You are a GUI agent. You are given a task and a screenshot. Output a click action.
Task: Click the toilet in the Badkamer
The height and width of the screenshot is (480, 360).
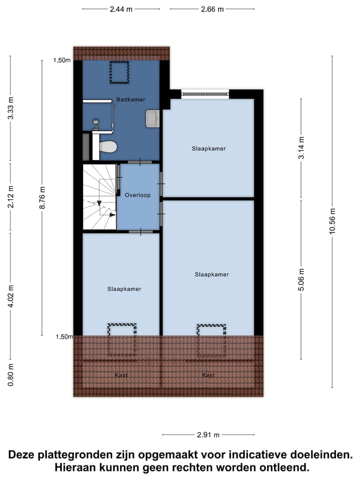pyautogui.click(x=107, y=146)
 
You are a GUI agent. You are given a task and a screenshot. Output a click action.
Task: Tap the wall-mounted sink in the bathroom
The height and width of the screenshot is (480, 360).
pyautogui.click(x=152, y=118)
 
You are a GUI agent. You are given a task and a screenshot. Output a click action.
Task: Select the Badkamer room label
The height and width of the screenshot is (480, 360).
pyautogui.click(x=127, y=99)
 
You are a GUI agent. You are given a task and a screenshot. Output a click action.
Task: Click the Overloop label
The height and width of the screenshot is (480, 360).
pyautogui.click(x=137, y=195)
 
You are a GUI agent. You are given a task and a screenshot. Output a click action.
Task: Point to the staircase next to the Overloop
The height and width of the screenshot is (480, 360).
pyautogui.click(x=99, y=197)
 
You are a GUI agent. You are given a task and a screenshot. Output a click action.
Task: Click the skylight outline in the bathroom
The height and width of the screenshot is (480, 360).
pyautogui.click(x=119, y=72)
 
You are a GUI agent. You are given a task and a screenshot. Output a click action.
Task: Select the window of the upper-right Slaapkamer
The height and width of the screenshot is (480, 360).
pyautogui.click(x=205, y=93)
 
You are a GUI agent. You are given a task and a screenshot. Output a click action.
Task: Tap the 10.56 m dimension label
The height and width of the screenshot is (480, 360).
pyautogui.click(x=331, y=221)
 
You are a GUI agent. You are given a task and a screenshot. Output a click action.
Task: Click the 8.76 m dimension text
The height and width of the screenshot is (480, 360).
pyautogui.click(x=42, y=196)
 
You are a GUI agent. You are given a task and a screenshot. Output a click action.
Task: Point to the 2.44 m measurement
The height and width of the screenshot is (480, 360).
pyautogui.click(x=121, y=9)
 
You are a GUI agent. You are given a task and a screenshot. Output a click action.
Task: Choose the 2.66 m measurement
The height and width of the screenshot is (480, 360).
pyautogui.click(x=212, y=9)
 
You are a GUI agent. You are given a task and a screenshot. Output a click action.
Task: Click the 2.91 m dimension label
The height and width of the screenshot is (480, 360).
pyautogui.click(x=207, y=435)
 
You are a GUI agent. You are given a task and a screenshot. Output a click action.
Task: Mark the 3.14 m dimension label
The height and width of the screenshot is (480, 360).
pyautogui.click(x=300, y=147)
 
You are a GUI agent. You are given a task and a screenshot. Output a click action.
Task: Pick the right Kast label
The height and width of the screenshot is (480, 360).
pyautogui.click(x=208, y=375)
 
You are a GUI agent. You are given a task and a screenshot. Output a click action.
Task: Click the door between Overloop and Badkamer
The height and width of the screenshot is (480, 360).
pyautogui.click(x=140, y=161)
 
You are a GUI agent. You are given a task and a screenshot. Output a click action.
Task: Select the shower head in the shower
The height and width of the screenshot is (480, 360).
pyautogui.click(x=95, y=120)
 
